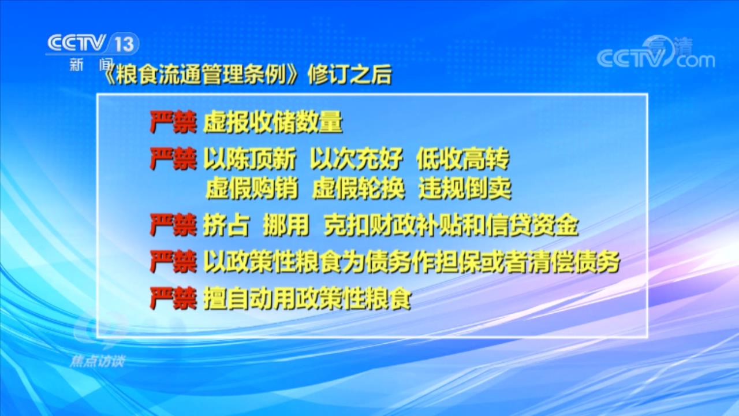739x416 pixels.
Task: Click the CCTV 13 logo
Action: click(x=92, y=43)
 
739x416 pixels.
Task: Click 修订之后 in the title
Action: click(x=350, y=75)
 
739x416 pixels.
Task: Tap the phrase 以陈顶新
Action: click(x=249, y=159)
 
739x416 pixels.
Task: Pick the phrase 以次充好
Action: click(x=356, y=159)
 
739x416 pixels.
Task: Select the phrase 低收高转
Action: click(x=463, y=159)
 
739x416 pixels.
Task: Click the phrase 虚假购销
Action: click(x=252, y=188)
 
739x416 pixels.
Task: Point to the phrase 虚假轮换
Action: click(x=359, y=188)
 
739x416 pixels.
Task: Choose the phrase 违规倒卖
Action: click(x=465, y=188)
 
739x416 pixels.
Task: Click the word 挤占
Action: click(x=226, y=225)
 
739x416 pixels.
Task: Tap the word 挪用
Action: click(x=286, y=225)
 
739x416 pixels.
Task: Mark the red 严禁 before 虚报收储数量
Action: click(x=173, y=122)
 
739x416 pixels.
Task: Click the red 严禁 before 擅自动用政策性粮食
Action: click(x=173, y=299)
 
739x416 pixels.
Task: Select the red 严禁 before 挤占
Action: click(x=173, y=225)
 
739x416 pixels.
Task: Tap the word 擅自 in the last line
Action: click(x=226, y=299)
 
